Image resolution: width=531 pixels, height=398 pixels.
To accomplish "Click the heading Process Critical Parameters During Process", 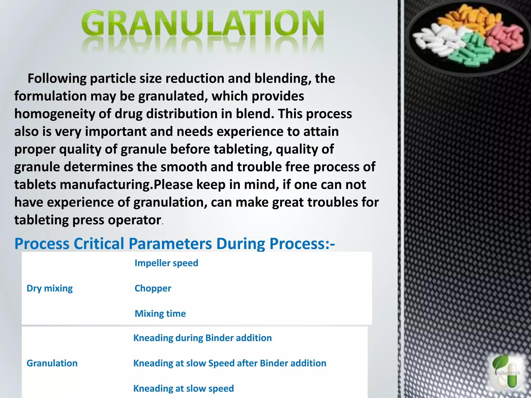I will click(174, 244).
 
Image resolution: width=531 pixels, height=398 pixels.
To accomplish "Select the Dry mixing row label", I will click(50, 288).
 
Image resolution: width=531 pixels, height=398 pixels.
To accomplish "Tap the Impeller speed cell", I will click(166, 263).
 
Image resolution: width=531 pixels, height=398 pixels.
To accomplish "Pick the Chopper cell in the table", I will click(153, 288).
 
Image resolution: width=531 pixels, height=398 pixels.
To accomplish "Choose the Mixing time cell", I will click(160, 314).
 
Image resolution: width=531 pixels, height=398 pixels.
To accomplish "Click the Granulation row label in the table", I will click(52, 363).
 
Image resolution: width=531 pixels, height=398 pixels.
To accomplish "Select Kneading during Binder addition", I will click(202, 338).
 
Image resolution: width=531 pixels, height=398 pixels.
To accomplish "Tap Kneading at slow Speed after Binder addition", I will click(229, 363).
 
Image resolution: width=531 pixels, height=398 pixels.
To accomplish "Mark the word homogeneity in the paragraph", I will click(54, 114).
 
